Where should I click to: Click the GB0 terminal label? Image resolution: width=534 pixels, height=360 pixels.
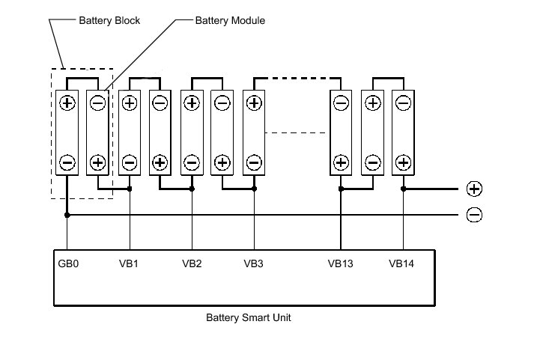coord(67,263)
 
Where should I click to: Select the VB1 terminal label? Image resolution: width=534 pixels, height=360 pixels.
coord(129,263)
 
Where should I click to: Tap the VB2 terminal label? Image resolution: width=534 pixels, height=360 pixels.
coord(192,263)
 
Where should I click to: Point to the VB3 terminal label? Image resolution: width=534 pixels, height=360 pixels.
coord(254,263)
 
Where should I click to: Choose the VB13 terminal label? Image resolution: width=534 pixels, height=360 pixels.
coord(340,263)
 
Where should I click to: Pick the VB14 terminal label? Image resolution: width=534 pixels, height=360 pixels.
coord(402,263)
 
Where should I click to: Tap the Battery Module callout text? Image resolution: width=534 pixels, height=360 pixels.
coord(230,21)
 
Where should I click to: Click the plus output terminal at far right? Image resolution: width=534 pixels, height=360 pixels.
coord(474,189)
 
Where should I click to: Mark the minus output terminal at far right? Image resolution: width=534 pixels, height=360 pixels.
coord(474,216)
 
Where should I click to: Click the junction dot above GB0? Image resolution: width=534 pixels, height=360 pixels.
coord(67,216)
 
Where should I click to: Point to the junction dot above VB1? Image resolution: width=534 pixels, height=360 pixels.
coord(130,189)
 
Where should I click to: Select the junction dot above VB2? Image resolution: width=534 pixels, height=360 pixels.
coord(192,189)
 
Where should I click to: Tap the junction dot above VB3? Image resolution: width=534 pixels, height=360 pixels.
coord(254,189)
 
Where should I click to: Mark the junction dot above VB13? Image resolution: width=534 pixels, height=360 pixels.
coord(341,189)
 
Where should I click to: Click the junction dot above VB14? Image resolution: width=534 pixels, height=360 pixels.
coord(403,189)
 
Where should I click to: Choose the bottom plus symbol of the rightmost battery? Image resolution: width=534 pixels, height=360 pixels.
coord(403,162)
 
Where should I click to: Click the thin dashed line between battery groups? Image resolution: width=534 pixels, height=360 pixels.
coord(296,133)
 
